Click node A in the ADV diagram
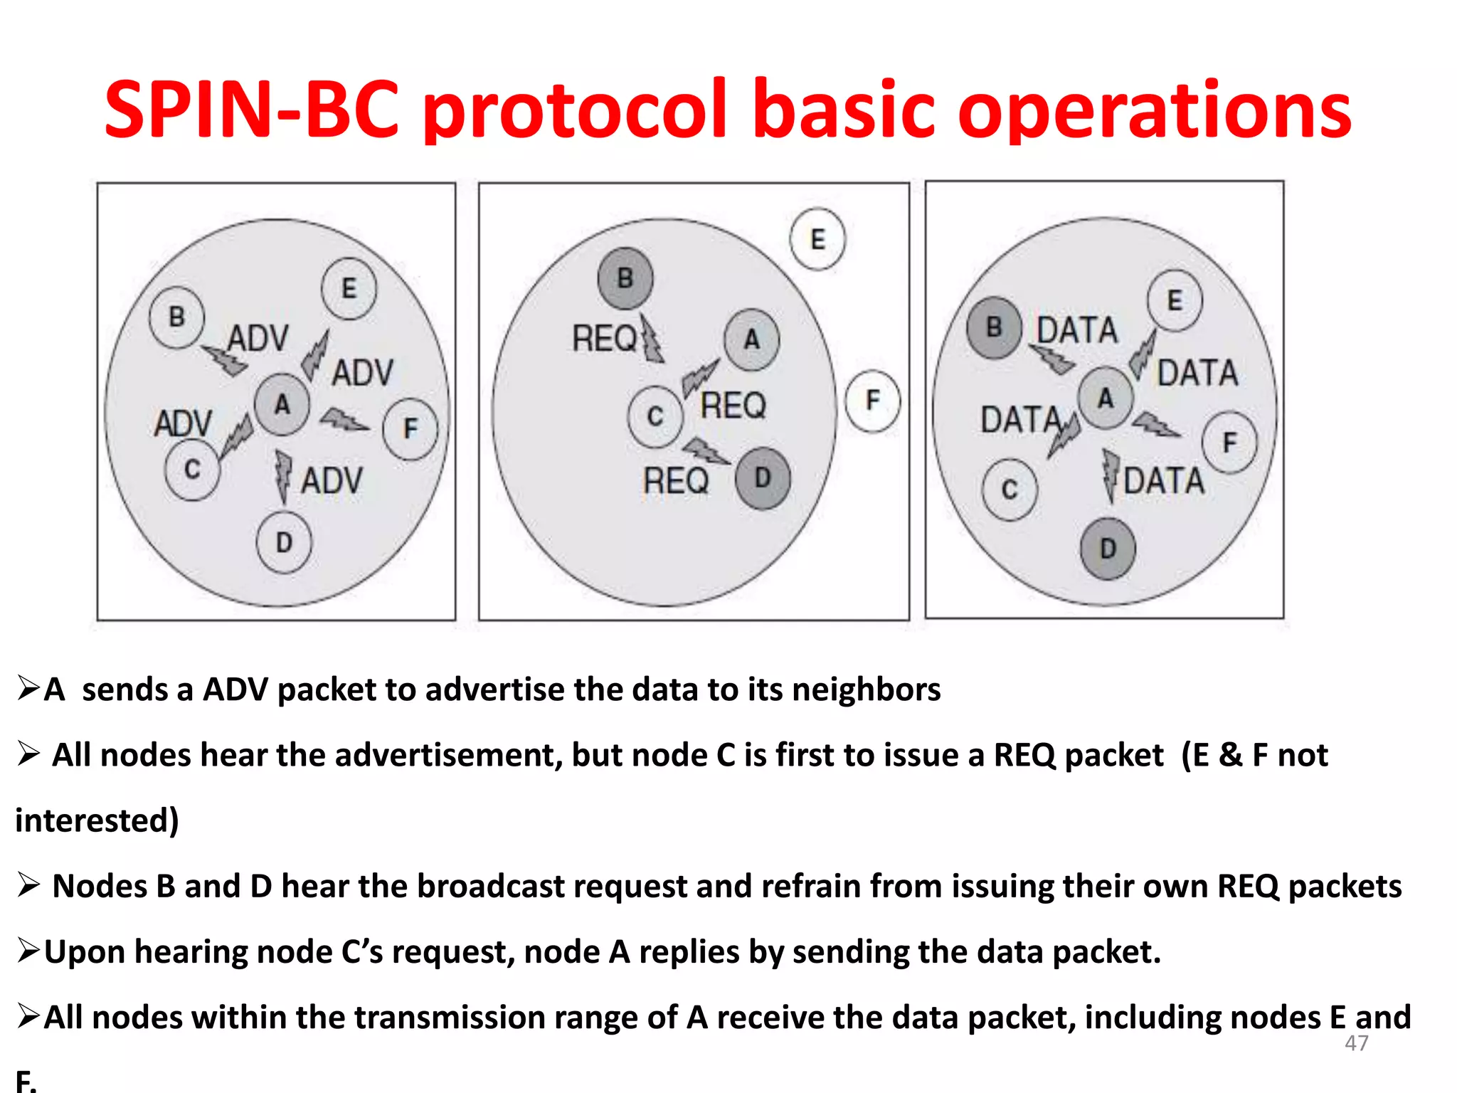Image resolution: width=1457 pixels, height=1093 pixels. pyautogui.click(x=282, y=404)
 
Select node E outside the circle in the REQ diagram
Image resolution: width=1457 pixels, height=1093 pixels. pyautogui.click(x=817, y=239)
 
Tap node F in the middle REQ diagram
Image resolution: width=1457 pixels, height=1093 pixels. pyautogui.click(x=872, y=401)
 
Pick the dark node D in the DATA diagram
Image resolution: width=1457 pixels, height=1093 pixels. pyautogui.click(x=1108, y=549)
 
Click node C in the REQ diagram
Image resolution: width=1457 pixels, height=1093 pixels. pyautogui.click(x=655, y=417)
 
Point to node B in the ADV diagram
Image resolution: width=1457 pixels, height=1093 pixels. pyautogui.click(x=176, y=317)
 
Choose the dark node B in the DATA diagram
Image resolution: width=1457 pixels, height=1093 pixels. pyautogui.click(x=994, y=327)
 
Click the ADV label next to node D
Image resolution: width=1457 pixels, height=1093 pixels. pyautogui.click(x=332, y=480)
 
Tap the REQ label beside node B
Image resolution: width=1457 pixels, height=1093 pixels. pyautogui.click(x=605, y=338)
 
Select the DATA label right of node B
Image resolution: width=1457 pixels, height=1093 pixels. pyautogui.click(x=1077, y=330)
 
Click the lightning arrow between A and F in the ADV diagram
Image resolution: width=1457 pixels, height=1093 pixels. pyautogui.click(x=345, y=421)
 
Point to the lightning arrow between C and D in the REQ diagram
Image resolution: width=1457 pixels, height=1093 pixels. pyautogui.click(x=705, y=451)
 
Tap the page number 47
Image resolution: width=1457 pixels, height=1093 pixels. pyautogui.click(x=1356, y=1043)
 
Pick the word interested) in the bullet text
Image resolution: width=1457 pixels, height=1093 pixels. pyautogui.click(x=97, y=820)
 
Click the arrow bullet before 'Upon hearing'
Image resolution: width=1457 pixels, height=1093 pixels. pyautogui.click(x=28, y=951)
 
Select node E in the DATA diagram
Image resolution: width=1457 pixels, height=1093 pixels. pyautogui.click(x=1175, y=300)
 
